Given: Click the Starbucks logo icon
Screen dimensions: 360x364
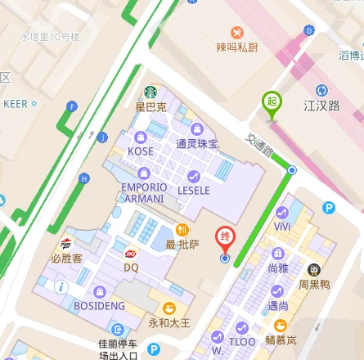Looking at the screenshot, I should (151, 92).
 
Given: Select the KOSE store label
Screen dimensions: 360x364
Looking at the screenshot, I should (141, 152).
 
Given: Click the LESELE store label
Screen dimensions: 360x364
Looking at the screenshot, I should (194, 191).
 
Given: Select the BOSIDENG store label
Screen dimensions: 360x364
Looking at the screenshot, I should (100, 305).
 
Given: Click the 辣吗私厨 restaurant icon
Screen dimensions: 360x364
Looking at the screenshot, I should (236, 33).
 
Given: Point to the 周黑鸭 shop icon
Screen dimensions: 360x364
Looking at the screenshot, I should (312, 269).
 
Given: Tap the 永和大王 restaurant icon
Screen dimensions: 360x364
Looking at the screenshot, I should (169, 308).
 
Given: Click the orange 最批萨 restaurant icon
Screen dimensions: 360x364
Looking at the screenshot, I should (184, 230).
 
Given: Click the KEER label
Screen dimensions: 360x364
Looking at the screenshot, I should (15, 104).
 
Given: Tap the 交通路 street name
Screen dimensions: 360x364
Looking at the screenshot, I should (261, 144).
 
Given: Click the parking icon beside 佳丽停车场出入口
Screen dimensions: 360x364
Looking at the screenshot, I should (153, 349).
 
